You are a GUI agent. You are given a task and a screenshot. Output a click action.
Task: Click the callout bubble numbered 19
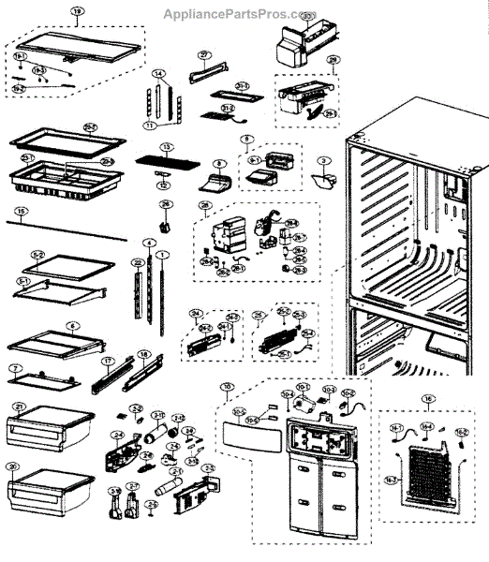pyautogui.click(x=78, y=15)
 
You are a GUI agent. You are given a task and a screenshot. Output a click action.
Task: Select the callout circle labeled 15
pyautogui.click(x=21, y=211)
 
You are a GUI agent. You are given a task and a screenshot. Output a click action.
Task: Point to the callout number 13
pyautogui.click(x=167, y=147)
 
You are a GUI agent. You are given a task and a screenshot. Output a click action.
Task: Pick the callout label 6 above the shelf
pyautogui.click(x=71, y=329)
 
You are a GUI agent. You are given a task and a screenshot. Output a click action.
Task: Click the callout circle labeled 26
pyautogui.click(x=165, y=204)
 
